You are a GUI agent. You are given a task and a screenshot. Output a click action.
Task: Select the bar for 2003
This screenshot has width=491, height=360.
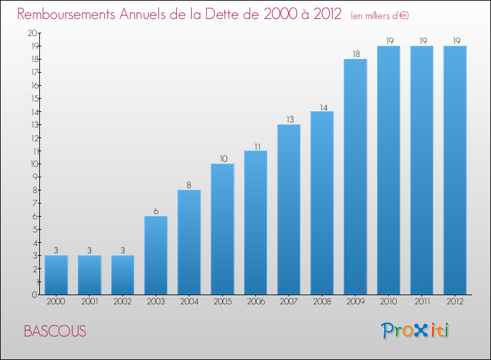pos(156,255)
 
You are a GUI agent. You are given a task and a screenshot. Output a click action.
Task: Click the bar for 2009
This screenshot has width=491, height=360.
pos(355,177)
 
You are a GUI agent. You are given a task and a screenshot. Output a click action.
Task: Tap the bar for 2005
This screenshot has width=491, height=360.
pos(223,229)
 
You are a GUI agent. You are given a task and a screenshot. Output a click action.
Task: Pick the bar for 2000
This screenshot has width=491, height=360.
pos(56,275)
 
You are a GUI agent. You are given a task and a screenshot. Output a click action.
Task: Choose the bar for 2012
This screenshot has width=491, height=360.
pos(455,170)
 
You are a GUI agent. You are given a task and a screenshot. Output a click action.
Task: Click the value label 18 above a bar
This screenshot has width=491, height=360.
pos(355,54)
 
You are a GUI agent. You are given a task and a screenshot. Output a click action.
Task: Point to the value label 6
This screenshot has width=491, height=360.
pos(156,211)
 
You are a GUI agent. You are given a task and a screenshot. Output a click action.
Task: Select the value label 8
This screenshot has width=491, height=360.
pos(189,185)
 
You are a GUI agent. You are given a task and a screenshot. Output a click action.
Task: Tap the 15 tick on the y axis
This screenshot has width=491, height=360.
pos(33,98)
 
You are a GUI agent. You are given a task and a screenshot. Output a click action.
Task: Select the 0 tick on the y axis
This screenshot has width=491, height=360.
pos(35,295)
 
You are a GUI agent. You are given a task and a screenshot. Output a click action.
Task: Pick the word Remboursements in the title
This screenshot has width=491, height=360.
pos(69,14)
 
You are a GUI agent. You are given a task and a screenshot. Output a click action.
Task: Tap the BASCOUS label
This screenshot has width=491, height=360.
pos(54,331)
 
